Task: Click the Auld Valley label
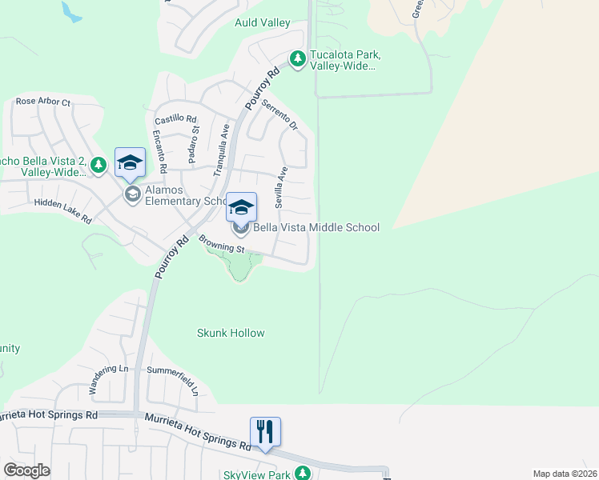pos(263,23)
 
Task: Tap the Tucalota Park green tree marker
pos(298,59)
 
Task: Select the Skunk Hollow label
pos(231,333)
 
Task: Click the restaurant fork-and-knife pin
pos(265,432)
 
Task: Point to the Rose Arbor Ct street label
pos(43,102)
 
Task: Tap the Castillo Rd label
pos(176,119)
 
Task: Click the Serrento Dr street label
pos(279,115)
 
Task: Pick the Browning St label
pos(221,244)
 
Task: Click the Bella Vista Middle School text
pos(316,228)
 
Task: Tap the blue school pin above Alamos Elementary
pos(130,164)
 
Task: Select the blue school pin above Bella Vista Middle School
pos(241,208)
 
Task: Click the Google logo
pos(26,470)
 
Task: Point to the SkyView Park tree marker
pos(303,473)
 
